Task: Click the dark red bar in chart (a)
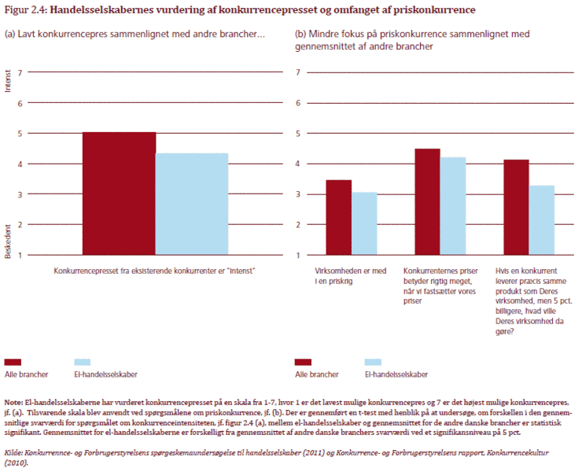[x=119, y=194]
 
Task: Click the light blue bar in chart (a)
[x=192, y=204]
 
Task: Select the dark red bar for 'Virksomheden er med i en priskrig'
[x=339, y=217]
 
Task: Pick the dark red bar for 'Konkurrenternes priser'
[x=427, y=201]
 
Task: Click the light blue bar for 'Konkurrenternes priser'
[x=453, y=206]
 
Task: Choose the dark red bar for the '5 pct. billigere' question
[x=516, y=207]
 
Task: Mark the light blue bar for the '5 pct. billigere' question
[x=542, y=220]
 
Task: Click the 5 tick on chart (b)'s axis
[x=300, y=133]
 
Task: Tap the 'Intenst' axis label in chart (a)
[x=9, y=82]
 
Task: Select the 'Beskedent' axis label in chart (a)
[x=9, y=244]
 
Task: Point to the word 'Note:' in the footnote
[x=14, y=401]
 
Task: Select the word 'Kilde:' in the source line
[x=15, y=454]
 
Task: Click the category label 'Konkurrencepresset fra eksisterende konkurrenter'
[x=156, y=270]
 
